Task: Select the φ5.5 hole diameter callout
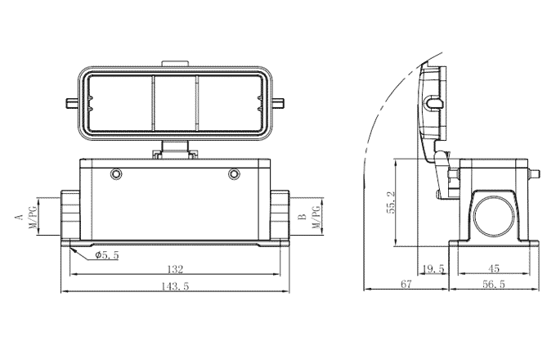click(x=107, y=255)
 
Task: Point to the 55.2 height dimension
click(x=390, y=203)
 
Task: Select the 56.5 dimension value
click(x=495, y=285)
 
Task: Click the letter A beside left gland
click(x=18, y=217)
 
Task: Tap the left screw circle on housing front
click(x=117, y=173)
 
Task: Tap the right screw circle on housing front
click(x=235, y=173)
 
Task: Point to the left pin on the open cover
click(x=71, y=103)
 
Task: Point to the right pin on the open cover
click(x=280, y=103)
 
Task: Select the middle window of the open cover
click(x=176, y=106)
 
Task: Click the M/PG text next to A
click(x=34, y=216)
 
